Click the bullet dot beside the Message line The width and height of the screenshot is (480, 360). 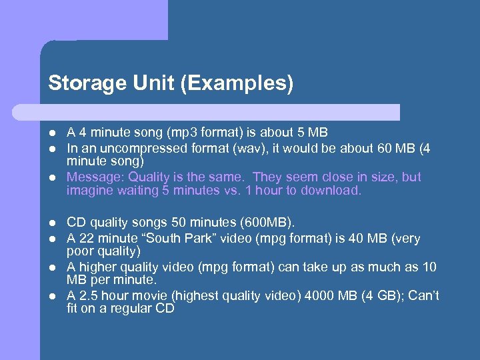coord(52,177)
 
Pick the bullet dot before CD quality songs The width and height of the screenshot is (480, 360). coord(52,222)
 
